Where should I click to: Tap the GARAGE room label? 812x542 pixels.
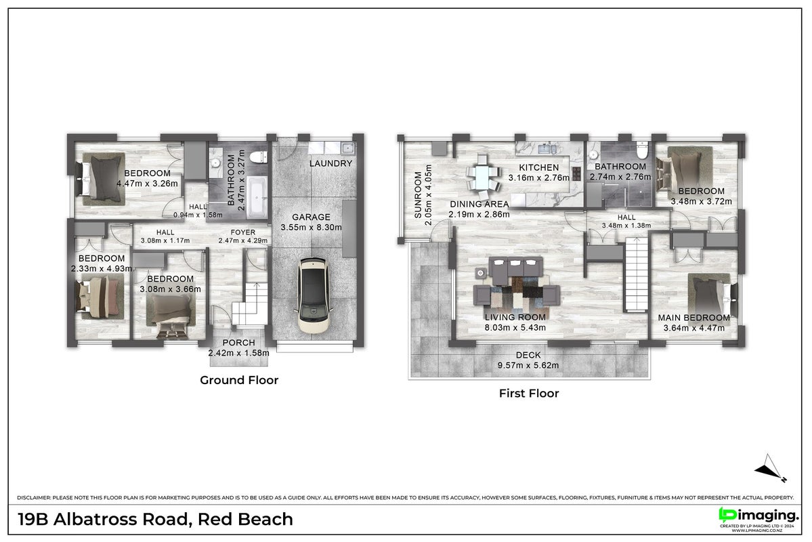point(311,217)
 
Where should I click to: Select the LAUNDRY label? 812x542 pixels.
point(330,163)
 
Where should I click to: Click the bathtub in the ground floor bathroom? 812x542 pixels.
point(257,197)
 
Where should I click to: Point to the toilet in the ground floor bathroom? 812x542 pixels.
point(257,157)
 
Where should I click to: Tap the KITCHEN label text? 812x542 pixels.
point(538,167)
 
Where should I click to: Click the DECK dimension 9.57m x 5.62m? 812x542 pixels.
point(528,365)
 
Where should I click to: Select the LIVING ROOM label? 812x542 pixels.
point(515,317)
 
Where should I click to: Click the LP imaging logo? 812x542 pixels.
point(758,516)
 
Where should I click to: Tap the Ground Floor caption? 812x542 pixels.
point(239,380)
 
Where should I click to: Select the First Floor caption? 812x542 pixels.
point(529,393)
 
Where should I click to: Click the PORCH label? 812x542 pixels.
point(239,343)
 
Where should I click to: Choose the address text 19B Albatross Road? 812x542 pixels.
point(104,519)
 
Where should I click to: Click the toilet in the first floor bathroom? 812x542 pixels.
point(641,150)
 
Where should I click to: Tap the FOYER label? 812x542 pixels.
point(243,232)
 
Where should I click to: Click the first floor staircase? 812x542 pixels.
point(637,274)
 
